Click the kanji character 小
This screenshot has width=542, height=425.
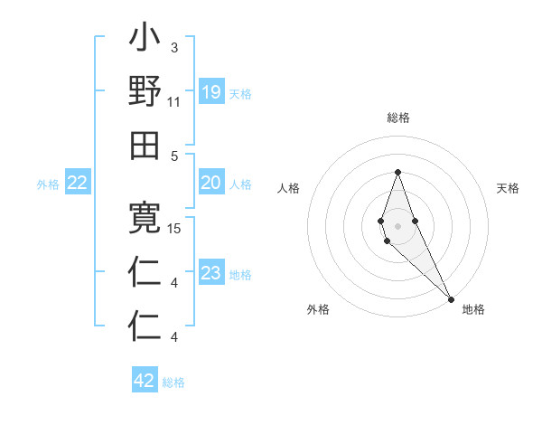click(x=145, y=41)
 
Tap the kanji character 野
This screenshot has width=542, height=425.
click(x=145, y=92)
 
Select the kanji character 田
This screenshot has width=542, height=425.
click(x=145, y=145)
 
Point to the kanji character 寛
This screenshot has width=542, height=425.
click(x=145, y=218)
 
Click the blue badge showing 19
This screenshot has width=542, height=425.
click(x=210, y=92)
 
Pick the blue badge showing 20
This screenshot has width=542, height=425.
click(x=210, y=184)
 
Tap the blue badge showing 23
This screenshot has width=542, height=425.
click(x=210, y=274)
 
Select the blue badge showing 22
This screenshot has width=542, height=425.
click(x=77, y=184)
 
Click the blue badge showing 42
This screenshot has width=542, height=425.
click(x=145, y=381)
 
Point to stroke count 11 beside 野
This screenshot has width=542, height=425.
click(x=174, y=102)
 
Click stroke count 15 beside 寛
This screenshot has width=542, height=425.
click(x=175, y=229)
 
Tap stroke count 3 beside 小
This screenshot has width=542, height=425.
click(x=173, y=47)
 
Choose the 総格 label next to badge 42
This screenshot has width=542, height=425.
click(x=173, y=382)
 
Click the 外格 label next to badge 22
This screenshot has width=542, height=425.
click(x=48, y=184)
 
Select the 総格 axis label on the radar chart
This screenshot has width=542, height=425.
click(x=397, y=118)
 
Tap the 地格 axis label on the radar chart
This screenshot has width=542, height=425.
click(x=473, y=309)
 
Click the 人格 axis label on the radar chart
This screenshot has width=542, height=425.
click(x=289, y=188)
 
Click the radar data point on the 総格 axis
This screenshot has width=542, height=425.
click(x=397, y=172)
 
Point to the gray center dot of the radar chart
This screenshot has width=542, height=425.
click(x=397, y=224)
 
